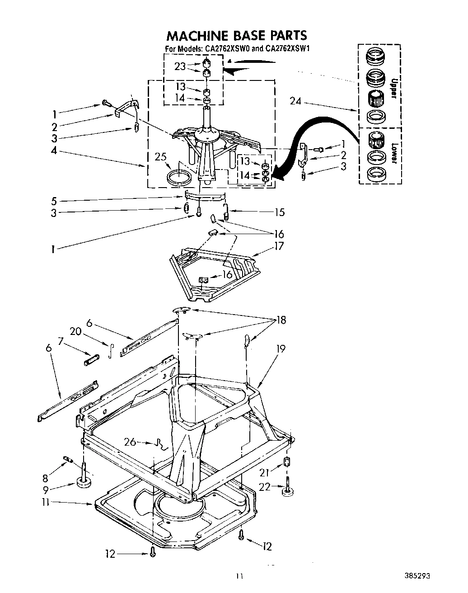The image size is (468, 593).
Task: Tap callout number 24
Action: point(295,101)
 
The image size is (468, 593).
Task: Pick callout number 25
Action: point(161,157)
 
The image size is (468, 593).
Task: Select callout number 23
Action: point(180,66)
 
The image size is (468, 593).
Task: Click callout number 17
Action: point(279,246)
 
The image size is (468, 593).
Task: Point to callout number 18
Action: point(281,320)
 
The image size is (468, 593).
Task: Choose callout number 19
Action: point(281,348)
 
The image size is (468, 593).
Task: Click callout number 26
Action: point(130,442)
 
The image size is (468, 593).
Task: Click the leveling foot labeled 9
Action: point(84,483)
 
